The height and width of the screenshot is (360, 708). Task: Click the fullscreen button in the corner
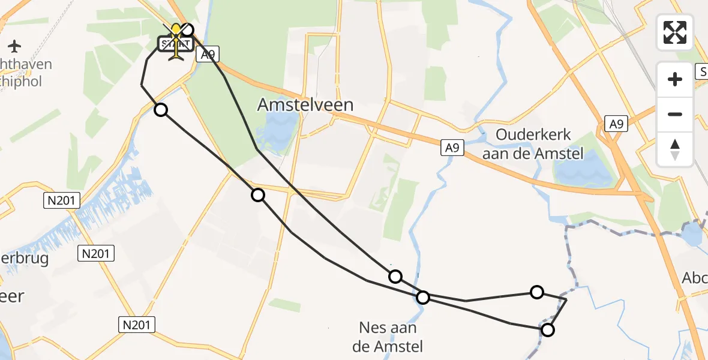pyautogui.click(x=675, y=32)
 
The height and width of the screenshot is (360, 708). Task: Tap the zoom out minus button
pyautogui.click(x=675, y=114)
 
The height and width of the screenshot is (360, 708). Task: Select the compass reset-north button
pyautogui.click(x=675, y=149)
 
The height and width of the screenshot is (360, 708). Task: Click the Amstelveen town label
pyautogui.click(x=305, y=104)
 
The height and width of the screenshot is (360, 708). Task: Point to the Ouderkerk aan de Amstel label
pyautogui.click(x=533, y=144)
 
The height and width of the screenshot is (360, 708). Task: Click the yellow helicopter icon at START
pyautogui.click(x=176, y=42)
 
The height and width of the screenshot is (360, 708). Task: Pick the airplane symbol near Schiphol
pyautogui.click(x=15, y=46)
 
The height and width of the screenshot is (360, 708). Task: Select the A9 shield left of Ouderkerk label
pyautogui.click(x=453, y=147)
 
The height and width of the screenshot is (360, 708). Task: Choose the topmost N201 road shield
pyautogui.click(x=62, y=200)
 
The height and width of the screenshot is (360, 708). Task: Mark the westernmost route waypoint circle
pyautogui.click(x=161, y=109)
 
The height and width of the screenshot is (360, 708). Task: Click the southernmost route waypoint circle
pyautogui.click(x=547, y=329)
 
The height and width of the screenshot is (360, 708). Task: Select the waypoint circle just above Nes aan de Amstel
pyautogui.click(x=423, y=297)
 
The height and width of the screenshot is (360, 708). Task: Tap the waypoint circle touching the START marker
pyautogui.click(x=188, y=29)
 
